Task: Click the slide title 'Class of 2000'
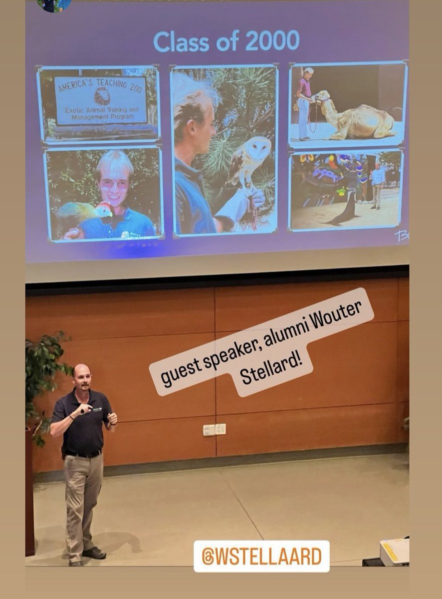(x=226, y=41)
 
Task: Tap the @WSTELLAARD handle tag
(x=261, y=556)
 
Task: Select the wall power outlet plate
(x=215, y=429)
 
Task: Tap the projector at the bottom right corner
(x=394, y=552)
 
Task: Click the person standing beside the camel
(x=305, y=102)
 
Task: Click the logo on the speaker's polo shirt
(x=97, y=409)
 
